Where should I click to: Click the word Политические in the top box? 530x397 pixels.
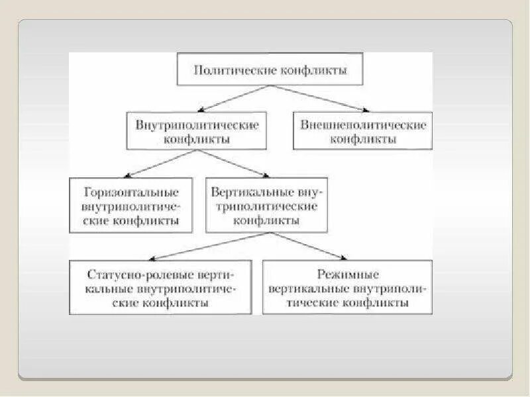[x=231, y=70]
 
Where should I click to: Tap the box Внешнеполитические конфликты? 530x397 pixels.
[x=363, y=131]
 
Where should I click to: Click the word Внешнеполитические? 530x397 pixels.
[x=363, y=124]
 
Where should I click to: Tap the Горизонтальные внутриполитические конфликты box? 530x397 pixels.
[x=131, y=205]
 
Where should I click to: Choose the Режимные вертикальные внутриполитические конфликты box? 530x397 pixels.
[x=348, y=287]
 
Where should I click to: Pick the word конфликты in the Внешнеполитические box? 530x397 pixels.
[x=363, y=139]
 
